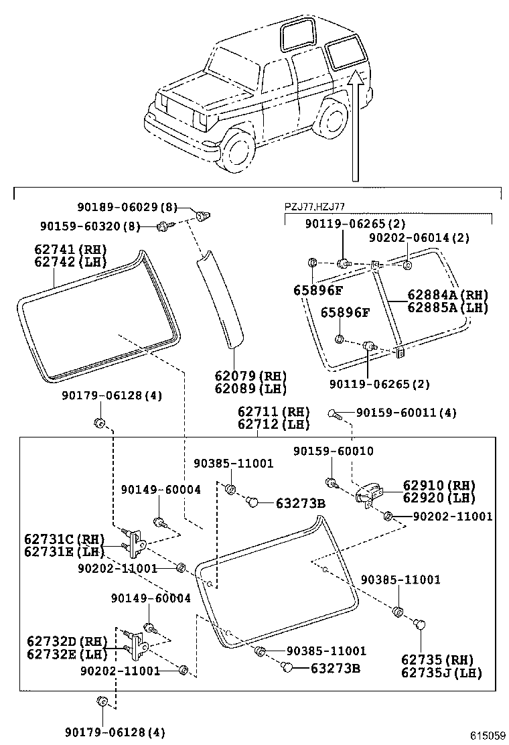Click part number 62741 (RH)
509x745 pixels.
point(70,249)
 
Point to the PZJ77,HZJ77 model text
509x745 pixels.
point(315,208)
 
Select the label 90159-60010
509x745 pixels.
point(333,452)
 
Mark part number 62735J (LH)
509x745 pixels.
point(441,673)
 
